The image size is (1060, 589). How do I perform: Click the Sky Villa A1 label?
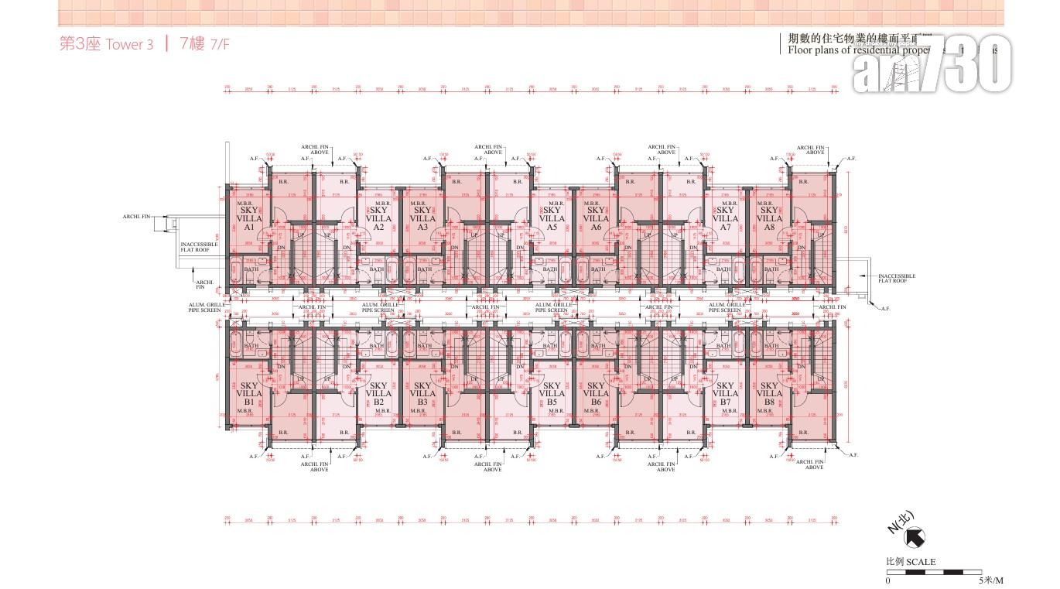[249, 218]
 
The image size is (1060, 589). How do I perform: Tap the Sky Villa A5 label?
[552, 218]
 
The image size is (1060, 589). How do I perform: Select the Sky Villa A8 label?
[769, 218]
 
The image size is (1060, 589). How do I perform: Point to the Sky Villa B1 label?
[249, 394]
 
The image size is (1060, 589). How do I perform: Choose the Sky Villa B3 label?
[422, 394]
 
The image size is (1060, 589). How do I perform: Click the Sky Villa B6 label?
[596, 394]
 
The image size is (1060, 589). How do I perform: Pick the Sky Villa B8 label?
[769, 394]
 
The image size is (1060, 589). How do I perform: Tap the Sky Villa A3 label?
[422, 218]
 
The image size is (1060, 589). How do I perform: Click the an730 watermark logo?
[932, 65]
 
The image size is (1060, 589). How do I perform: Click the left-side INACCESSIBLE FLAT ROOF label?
[199, 247]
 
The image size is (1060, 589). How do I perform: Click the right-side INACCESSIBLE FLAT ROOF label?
[897, 278]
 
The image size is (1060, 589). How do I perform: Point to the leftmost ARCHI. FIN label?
[135, 217]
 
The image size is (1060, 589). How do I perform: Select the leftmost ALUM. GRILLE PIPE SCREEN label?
[205, 307]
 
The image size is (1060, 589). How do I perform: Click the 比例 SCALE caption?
[911, 562]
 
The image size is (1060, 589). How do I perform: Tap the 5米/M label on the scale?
[990, 580]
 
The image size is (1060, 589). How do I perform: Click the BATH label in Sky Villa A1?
[251, 269]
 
